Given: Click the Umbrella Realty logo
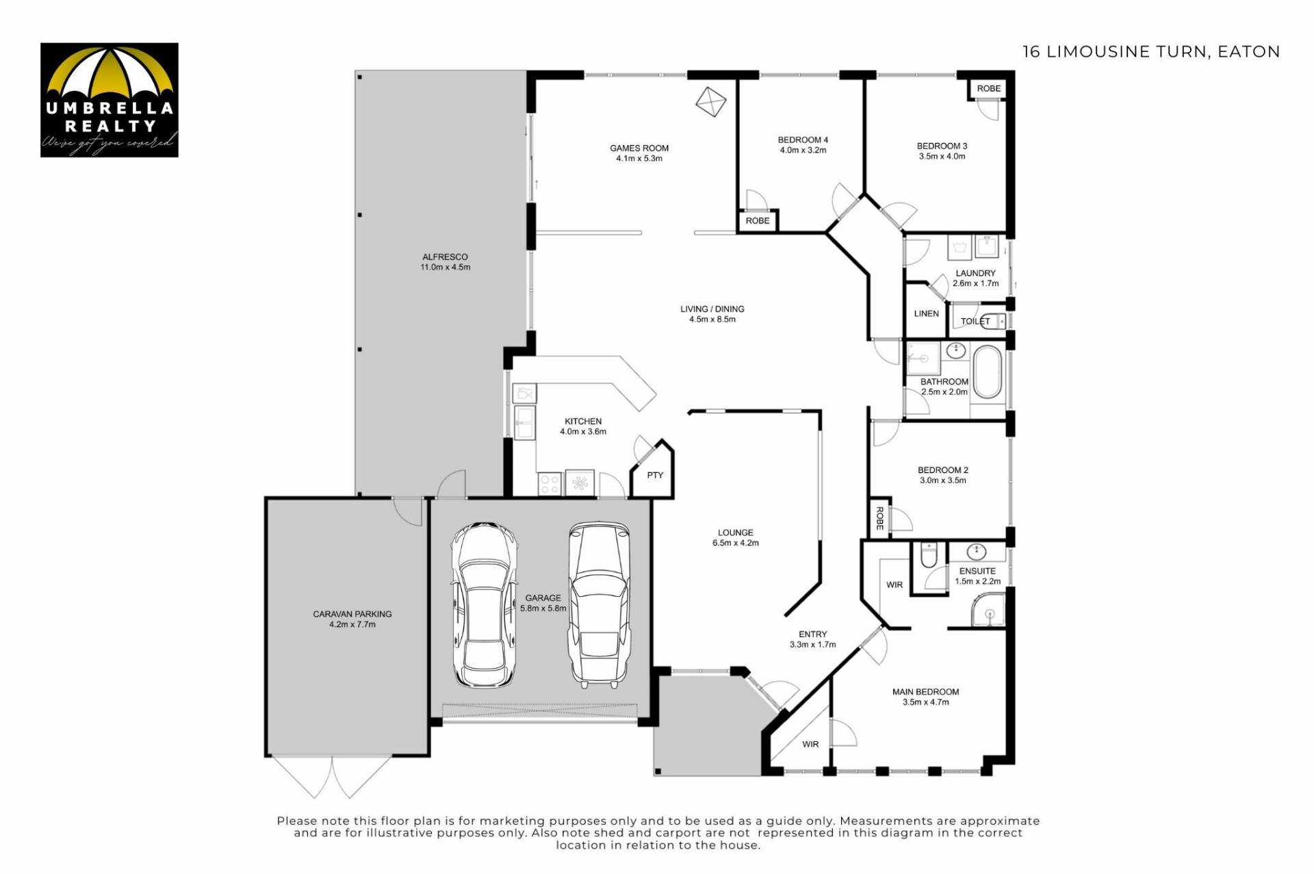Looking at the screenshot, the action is coord(109,100).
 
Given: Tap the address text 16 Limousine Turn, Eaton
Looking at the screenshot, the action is coord(1151,52).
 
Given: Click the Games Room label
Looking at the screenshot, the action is coord(639,148).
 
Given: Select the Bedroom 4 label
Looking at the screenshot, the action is coord(803,140).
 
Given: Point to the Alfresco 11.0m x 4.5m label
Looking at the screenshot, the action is coord(446,262).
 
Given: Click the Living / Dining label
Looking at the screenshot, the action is coord(712,309).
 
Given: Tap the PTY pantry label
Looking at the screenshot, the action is coord(655,475).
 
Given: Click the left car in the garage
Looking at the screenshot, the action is coord(483,605).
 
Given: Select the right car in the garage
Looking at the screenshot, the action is coord(599,605).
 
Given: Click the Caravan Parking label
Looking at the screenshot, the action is coord(352,614).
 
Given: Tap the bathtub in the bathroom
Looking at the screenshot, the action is coord(987,372).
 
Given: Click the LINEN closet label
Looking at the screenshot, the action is coord(926,313).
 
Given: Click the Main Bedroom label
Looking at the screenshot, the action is coord(925,692).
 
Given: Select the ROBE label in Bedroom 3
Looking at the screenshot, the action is coord(988,88).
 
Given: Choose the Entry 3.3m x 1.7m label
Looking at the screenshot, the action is coord(812,639).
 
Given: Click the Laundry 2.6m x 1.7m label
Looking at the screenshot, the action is coord(975,278).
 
